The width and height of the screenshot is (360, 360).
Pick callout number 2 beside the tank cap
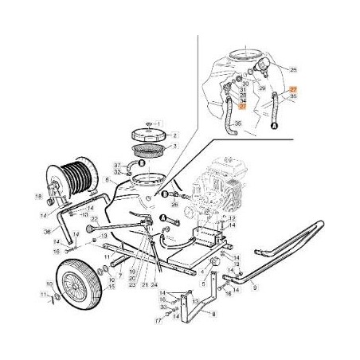pos(176,135)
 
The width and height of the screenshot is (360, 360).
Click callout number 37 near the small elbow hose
pos(116,165)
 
